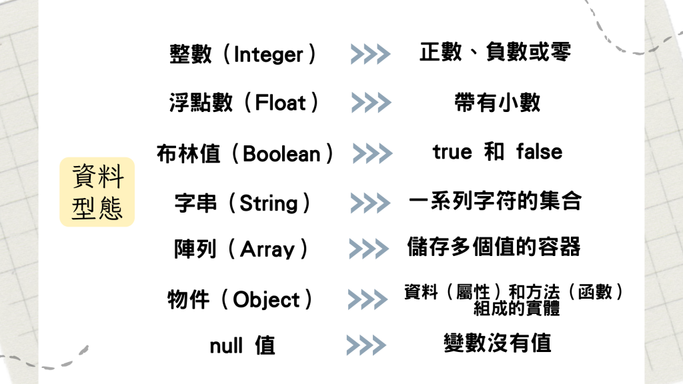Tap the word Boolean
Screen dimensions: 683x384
click(x=281, y=154)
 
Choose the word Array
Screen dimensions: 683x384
click(x=267, y=250)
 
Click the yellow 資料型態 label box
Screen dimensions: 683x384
click(x=97, y=192)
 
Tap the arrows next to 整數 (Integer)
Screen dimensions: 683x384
click(x=370, y=54)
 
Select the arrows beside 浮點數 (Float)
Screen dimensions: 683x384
click(x=370, y=103)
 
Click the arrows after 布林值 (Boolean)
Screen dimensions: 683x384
click(x=372, y=153)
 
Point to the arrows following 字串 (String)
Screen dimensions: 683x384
click(x=370, y=203)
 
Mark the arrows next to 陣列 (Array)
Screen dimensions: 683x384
click(x=368, y=249)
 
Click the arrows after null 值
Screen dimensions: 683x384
click(x=366, y=345)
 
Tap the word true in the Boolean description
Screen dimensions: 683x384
click(x=452, y=152)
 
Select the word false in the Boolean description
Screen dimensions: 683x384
click(x=539, y=152)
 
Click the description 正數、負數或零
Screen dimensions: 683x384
click(x=495, y=52)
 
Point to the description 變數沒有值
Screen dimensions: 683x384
click(x=498, y=343)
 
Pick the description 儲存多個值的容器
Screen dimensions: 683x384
click(x=494, y=247)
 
